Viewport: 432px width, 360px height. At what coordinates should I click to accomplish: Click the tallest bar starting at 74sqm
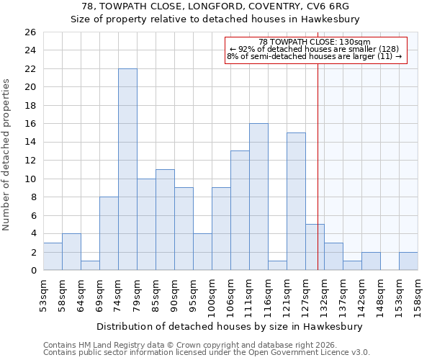[127, 169]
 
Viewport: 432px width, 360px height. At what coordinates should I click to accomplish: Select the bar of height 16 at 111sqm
[258, 197]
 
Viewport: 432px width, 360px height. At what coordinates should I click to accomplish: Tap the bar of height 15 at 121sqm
[296, 202]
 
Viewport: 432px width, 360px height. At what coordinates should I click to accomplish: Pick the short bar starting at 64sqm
[90, 266]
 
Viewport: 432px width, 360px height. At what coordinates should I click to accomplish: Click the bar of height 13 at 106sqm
[240, 210]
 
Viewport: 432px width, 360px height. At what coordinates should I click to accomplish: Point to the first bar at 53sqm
[53, 256]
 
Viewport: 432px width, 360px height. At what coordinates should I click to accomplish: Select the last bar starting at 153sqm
[408, 261]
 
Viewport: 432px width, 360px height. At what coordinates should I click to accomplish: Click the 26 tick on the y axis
[30, 32]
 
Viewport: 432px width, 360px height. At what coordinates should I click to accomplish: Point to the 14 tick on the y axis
[30, 143]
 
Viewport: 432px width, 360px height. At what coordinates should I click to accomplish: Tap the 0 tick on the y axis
[32, 271]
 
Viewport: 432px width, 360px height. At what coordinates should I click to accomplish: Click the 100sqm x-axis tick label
[212, 294]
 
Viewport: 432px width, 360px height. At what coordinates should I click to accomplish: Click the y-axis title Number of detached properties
[7, 156]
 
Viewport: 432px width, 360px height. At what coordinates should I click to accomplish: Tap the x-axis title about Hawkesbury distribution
[230, 326]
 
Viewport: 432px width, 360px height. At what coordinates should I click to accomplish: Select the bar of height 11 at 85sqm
[165, 220]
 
